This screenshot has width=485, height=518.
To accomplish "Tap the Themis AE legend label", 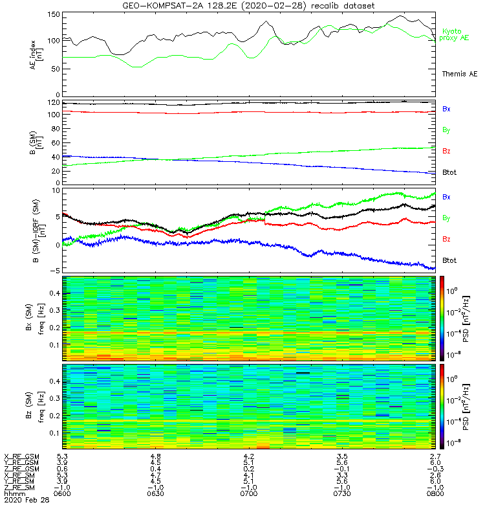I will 458,74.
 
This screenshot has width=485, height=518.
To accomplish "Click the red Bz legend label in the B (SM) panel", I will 447,151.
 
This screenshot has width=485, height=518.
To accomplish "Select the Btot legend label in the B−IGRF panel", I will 450,260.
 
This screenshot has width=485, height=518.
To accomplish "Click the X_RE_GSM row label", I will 22,456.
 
